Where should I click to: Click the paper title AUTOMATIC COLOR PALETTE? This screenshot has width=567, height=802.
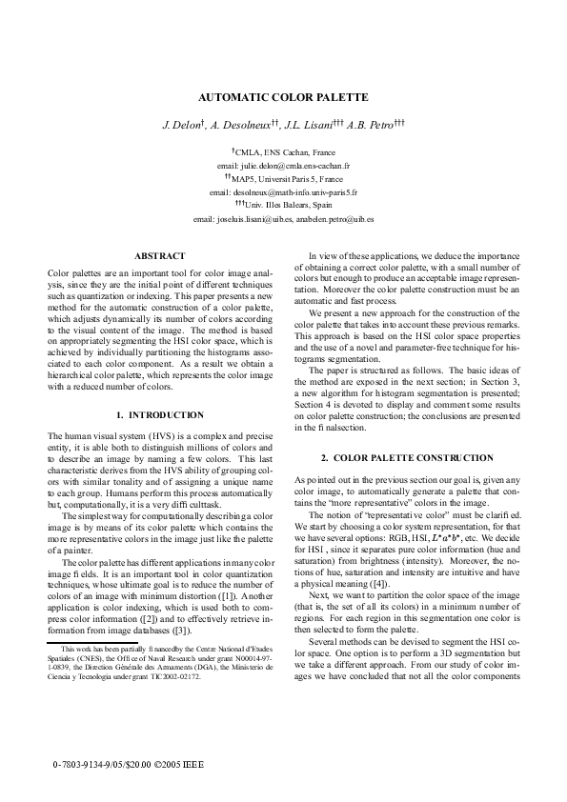tap(282, 97)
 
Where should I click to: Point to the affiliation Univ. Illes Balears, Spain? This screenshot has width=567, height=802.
tap(287, 205)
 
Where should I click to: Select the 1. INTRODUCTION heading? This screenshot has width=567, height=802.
tap(159, 415)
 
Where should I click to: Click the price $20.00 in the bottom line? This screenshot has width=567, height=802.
tap(133, 765)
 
